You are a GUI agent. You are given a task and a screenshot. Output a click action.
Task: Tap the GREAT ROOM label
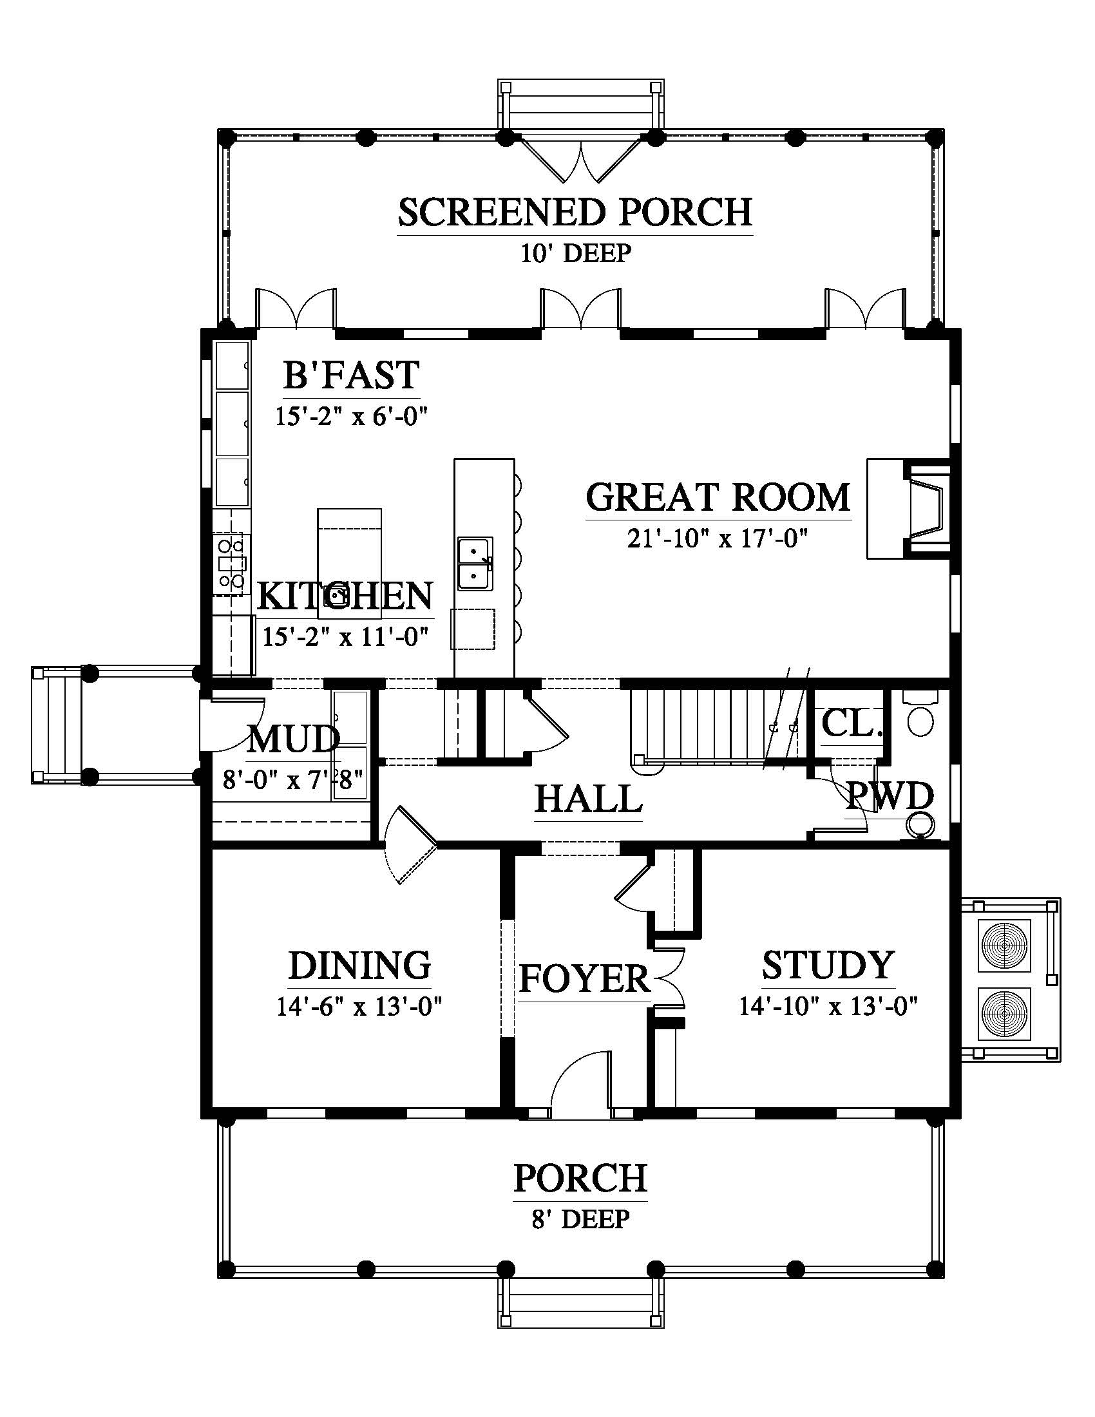pos(718,497)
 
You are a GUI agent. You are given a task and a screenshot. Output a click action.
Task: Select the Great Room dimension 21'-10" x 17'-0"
pos(718,538)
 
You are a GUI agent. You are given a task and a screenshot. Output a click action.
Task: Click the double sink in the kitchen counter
pos(475,563)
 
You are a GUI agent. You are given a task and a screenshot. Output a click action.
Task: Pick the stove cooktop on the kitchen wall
pos(231,563)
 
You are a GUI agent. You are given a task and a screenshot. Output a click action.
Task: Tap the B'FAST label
pos(352,374)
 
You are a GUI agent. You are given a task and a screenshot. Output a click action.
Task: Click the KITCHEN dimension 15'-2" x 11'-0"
pos(346,636)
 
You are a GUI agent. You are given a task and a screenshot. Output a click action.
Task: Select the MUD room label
pos(294,738)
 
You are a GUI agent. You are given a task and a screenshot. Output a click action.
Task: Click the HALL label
pos(588,799)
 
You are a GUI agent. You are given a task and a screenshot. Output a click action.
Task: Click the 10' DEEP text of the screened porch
pos(576,253)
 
